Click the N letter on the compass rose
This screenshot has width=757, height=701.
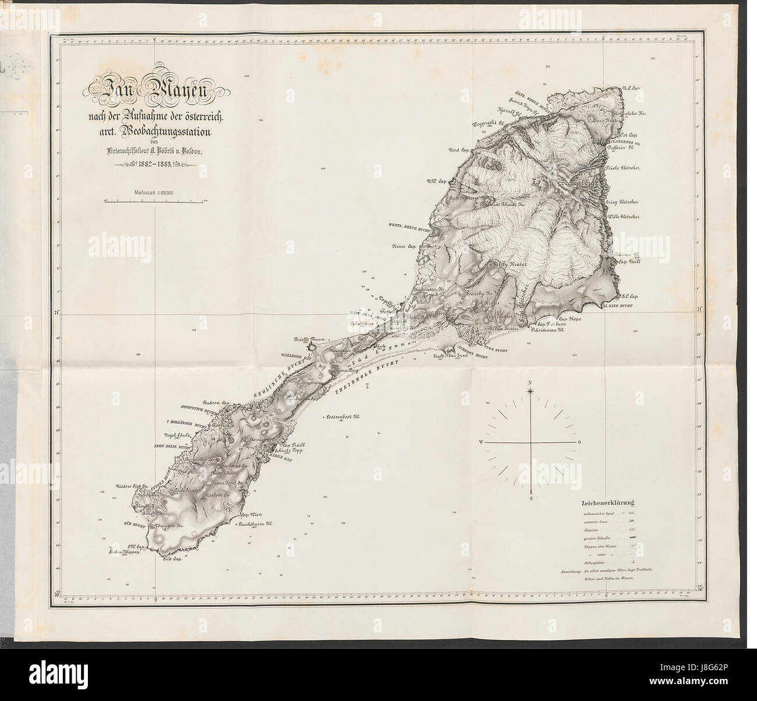530,382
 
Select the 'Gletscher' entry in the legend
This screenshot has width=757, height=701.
590,530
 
